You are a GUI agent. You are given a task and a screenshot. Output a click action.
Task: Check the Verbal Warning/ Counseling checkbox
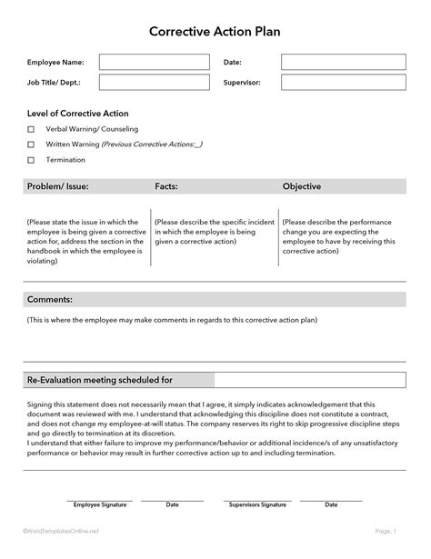pos(31,129)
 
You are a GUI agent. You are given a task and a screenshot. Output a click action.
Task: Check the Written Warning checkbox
pos(31,145)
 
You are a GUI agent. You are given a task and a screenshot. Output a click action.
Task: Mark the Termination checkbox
pos(31,160)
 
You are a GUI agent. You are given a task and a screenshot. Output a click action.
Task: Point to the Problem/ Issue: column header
pos(58,186)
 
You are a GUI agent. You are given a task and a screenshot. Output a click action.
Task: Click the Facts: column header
pos(166,186)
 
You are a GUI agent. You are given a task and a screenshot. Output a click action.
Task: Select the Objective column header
pos(302,186)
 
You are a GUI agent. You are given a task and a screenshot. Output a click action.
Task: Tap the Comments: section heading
pos(50,299)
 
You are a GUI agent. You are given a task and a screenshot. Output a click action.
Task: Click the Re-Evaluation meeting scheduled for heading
pos(100,380)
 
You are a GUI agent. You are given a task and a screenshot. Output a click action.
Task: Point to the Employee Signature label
pos(99,504)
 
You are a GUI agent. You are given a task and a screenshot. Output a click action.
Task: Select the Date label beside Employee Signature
pos(172,504)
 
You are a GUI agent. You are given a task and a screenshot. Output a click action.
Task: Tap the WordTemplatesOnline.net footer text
pos(62,530)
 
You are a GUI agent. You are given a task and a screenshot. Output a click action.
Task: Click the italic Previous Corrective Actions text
pos(152,145)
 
